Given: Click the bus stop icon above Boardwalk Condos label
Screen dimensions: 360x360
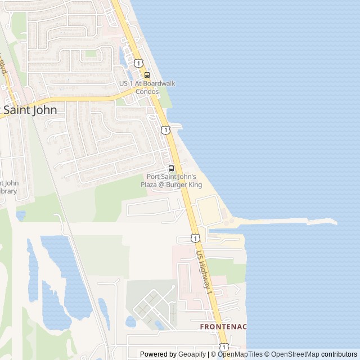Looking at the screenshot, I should click(x=147, y=75).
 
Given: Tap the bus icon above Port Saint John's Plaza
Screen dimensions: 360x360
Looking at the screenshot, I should click(x=171, y=168).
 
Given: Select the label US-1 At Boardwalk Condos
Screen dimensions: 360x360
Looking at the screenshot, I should click(x=147, y=87).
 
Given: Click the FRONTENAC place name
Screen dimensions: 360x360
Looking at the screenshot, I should click(x=223, y=327).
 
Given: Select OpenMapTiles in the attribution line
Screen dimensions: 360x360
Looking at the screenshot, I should click(x=240, y=354).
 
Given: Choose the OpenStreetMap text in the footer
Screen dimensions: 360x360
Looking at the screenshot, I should click(x=295, y=354).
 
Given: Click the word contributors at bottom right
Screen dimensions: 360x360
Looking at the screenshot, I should click(x=339, y=354).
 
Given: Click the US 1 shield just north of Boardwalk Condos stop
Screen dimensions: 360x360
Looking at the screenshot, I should click(x=138, y=62).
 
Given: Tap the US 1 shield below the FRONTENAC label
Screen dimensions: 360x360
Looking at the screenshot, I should click(x=223, y=347).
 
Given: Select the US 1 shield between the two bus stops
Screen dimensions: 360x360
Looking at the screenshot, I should click(x=165, y=130).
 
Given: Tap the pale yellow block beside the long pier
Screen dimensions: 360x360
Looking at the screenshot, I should click(x=209, y=211).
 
